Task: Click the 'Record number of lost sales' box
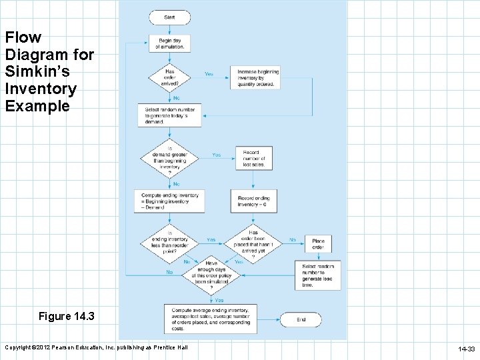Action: pos(253,158)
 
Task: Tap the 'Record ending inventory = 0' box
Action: pos(253,201)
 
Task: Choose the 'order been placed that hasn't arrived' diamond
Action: pos(253,243)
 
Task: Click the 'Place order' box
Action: pos(317,244)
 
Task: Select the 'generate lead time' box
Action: pos(317,275)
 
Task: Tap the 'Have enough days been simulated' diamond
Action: pos(211,272)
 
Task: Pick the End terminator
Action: pos(301,320)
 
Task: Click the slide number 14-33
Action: pos(465,349)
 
